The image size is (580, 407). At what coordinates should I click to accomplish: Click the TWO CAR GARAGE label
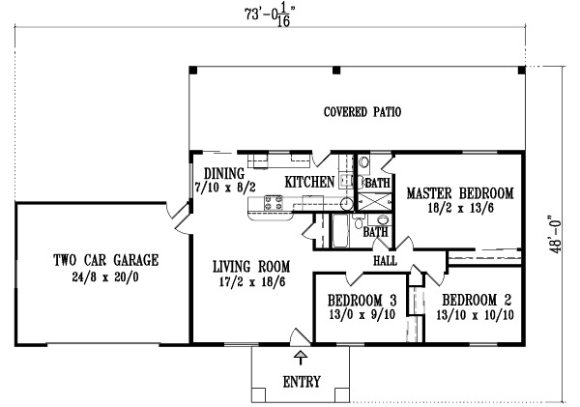tap(106, 259)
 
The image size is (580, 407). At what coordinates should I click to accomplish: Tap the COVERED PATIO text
tap(362, 112)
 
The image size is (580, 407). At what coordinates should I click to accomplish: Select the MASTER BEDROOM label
tap(460, 192)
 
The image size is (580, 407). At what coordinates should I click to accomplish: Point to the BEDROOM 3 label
tap(362, 299)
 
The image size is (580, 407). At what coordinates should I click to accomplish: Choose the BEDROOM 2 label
tap(474, 299)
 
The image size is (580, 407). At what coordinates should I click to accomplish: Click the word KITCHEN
tap(309, 182)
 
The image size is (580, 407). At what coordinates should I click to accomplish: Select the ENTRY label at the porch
tap(302, 381)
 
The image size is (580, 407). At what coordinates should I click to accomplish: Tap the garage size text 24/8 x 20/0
tap(106, 276)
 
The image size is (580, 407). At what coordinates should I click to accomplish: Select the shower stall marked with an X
tap(376, 201)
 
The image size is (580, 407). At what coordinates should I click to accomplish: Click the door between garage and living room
tap(178, 218)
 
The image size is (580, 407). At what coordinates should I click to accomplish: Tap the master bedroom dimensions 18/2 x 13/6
tap(460, 208)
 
